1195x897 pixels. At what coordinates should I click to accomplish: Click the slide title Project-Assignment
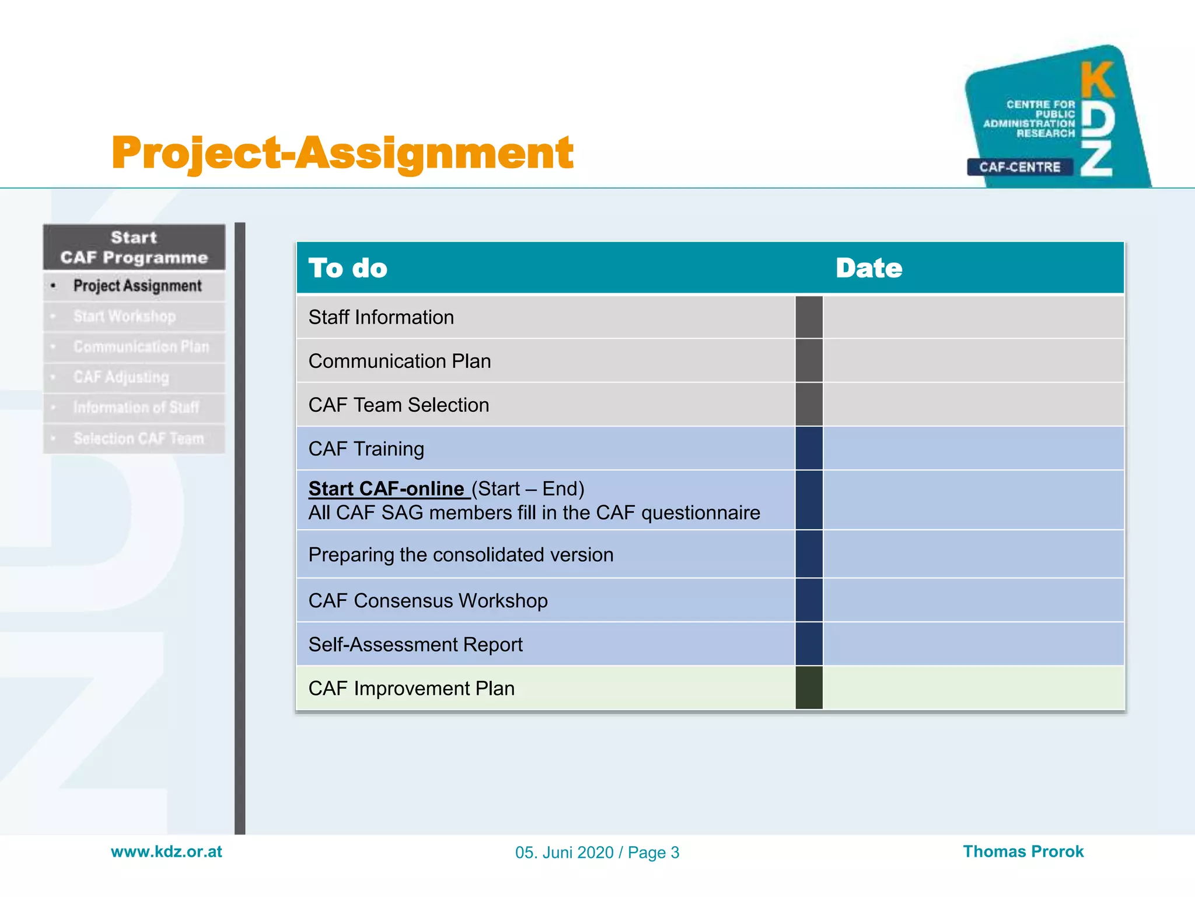click(x=343, y=153)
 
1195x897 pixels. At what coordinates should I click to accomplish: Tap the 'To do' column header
click(x=348, y=268)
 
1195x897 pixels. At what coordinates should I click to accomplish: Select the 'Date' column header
click(x=869, y=268)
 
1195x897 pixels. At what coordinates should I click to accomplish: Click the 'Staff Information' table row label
click(x=381, y=317)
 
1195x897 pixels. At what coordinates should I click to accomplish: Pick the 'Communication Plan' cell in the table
click(x=399, y=361)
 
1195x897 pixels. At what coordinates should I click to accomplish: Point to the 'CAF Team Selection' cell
click(x=399, y=405)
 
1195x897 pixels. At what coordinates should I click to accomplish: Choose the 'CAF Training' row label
click(x=366, y=448)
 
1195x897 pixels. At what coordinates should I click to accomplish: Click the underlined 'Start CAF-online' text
click(x=386, y=488)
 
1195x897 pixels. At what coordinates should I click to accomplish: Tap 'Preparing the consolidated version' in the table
click(x=460, y=554)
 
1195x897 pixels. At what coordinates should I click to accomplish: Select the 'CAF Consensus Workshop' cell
click(x=428, y=600)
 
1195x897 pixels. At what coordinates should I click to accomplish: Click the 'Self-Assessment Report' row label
click(x=415, y=644)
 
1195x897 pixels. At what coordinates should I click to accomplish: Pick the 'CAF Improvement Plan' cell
click(x=411, y=688)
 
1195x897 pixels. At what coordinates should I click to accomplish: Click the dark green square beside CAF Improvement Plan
click(x=809, y=687)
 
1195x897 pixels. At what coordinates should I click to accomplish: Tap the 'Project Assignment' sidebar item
click(x=137, y=286)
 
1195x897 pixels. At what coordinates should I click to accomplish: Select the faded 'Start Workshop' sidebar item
click(x=124, y=317)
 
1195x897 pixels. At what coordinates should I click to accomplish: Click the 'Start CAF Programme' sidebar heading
click(x=134, y=248)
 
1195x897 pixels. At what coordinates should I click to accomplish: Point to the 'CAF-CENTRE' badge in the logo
click(x=1019, y=167)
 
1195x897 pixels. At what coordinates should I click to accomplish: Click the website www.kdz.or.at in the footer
click(x=166, y=851)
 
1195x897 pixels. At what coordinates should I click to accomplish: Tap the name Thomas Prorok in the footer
click(x=1023, y=851)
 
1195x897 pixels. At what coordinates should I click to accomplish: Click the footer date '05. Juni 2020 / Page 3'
click(x=597, y=853)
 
